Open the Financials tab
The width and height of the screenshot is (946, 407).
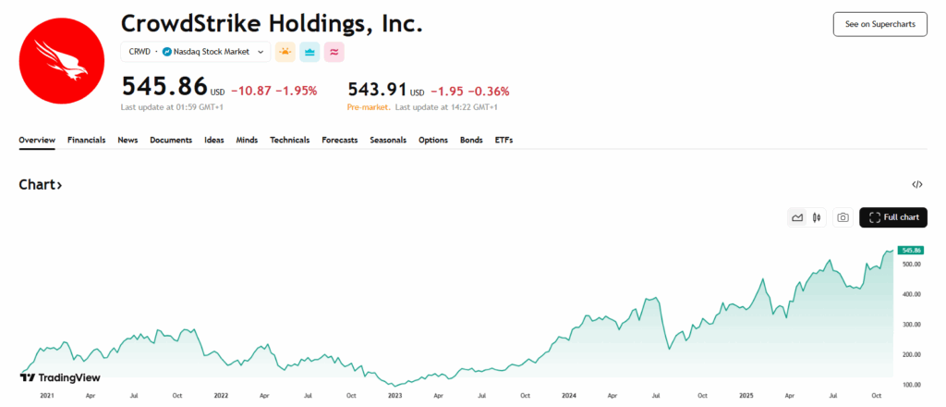[87, 141]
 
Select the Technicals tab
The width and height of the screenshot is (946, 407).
[289, 141]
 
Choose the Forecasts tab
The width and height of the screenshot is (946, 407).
[340, 141]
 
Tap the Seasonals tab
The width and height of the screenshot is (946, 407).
[388, 141]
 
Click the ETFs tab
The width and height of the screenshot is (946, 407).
[503, 141]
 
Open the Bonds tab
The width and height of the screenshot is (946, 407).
[471, 141]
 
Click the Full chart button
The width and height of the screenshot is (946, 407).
[893, 217]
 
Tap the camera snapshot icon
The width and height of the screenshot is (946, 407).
[843, 217]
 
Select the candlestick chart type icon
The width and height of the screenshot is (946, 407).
[817, 217]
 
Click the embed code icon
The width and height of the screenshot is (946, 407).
[916, 185]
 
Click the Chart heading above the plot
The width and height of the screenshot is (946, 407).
[41, 185]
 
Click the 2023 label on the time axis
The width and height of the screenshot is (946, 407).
[394, 395]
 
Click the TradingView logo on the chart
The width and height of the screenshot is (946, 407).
[60, 377]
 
